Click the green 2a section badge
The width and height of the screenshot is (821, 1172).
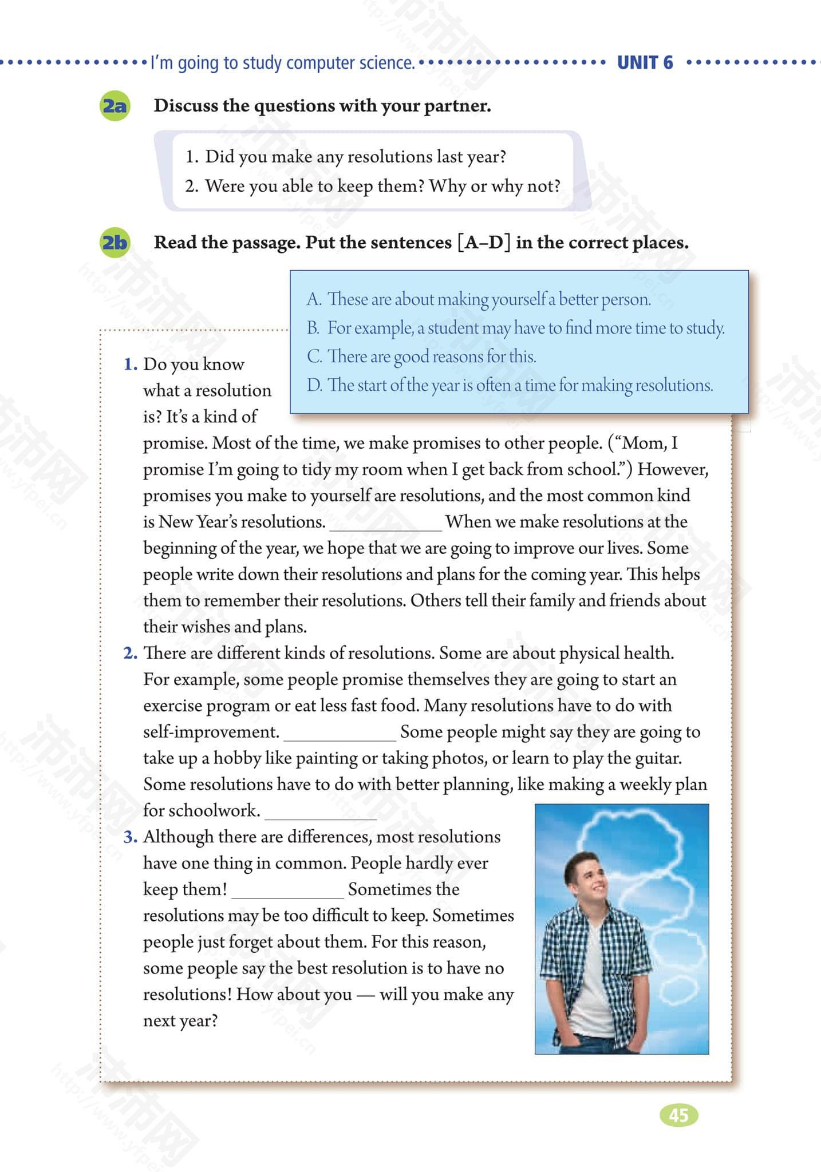(115, 106)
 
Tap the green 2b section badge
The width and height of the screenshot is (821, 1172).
(115, 243)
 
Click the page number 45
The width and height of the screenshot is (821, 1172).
(678, 1115)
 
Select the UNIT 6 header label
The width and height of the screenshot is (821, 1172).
(645, 62)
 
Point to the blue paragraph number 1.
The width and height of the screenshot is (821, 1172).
(131, 365)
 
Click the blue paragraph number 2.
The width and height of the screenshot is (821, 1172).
(131, 653)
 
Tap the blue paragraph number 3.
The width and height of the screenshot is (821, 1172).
(131, 837)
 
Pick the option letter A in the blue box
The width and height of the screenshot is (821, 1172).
(314, 299)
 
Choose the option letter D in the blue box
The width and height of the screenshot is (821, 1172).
(314, 385)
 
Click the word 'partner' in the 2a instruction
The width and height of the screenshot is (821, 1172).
(456, 106)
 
